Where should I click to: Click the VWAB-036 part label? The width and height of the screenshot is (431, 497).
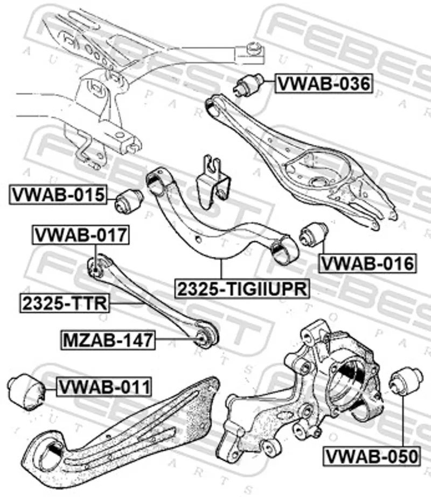(323, 83)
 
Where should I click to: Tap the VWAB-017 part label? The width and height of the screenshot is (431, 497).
(81, 235)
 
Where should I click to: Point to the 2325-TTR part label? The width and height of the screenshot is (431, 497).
(64, 303)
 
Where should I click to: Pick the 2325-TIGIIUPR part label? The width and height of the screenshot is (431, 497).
(241, 289)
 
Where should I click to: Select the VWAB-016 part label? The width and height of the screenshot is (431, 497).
(367, 263)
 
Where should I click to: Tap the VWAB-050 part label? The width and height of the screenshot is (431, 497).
(371, 456)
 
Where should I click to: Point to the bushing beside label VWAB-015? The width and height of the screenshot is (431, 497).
(129, 200)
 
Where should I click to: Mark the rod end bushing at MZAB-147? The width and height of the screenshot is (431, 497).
(202, 338)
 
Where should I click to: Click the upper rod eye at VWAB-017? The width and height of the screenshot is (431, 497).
(95, 266)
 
